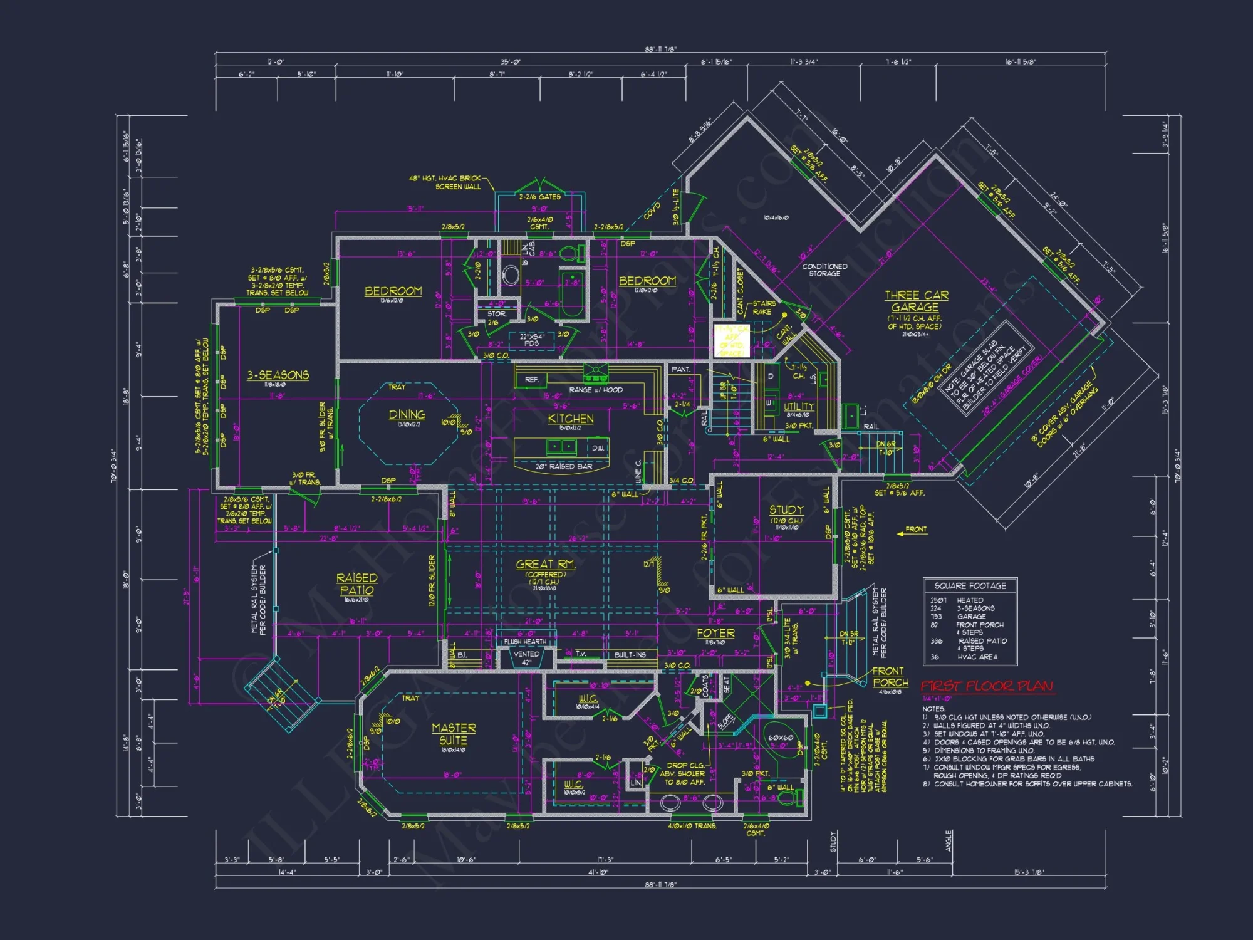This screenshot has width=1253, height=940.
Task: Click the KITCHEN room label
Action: tap(571, 419)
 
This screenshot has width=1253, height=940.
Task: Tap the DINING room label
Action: tap(407, 415)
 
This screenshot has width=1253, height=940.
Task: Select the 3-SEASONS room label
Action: tap(278, 375)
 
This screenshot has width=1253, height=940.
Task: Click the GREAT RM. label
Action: tap(545, 565)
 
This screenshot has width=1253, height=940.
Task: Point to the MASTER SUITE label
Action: tap(454, 734)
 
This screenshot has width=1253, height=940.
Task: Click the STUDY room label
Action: tap(786, 510)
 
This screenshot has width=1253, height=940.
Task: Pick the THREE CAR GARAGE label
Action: tap(916, 301)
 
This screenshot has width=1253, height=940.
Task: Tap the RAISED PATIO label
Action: tap(356, 583)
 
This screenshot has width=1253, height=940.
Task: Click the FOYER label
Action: tap(715, 633)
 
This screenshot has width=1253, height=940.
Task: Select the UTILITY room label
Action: tap(799, 406)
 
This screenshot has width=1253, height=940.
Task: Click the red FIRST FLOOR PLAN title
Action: tap(987, 686)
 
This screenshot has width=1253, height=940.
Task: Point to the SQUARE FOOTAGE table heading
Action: tap(970, 586)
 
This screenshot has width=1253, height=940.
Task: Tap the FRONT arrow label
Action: tap(915, 530)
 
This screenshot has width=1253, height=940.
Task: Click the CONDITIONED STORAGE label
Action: tap(824, 270)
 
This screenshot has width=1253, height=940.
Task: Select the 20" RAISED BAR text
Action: tap(563, 467)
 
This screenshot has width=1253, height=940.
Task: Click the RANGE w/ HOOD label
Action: tap(596, 390)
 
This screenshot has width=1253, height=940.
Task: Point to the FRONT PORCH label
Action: tap(890, 677)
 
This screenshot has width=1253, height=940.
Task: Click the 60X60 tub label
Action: tap(781, 738)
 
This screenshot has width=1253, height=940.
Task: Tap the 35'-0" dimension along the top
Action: tap(510, 61)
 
